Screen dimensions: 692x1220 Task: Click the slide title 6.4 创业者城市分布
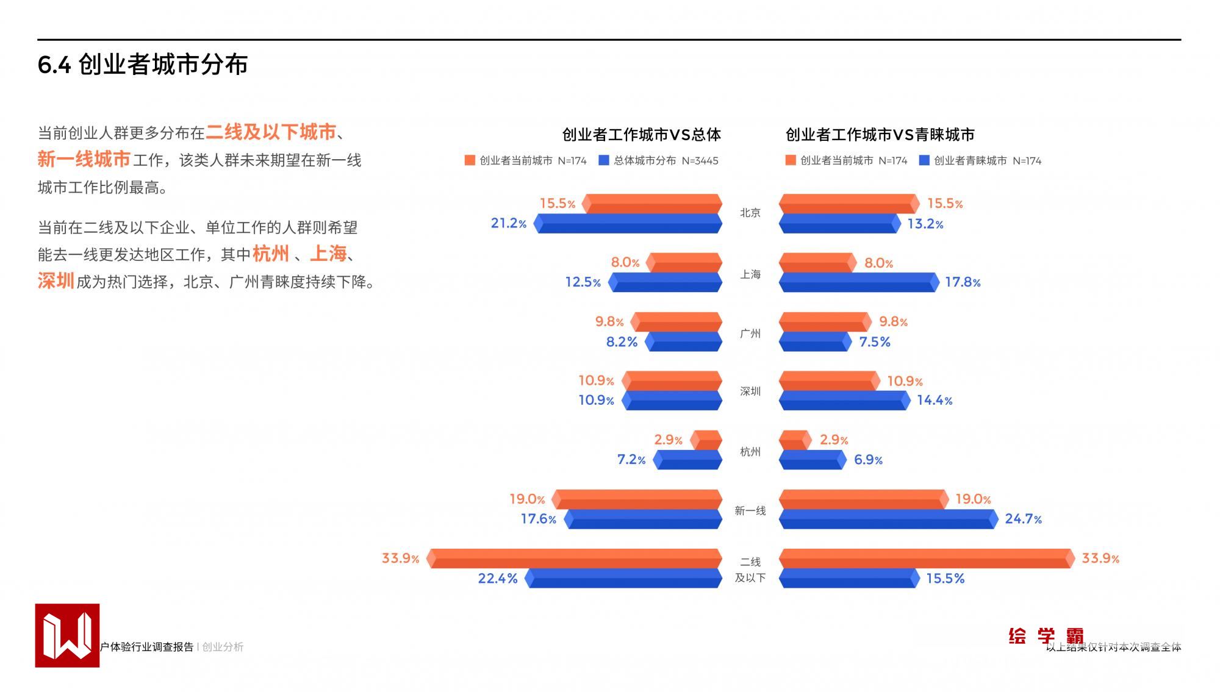(x=143, y=65)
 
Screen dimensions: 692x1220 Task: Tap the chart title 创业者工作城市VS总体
(x=641, y=134)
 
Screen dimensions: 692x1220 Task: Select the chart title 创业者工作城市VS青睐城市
(x=880, y=134)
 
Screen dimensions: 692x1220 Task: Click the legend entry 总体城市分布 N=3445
(x=659, y=161)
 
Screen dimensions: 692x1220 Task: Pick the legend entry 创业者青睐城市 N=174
(x=980, y=161)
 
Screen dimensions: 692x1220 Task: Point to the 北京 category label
(x=750, y=213)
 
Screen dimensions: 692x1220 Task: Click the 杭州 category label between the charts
(x=750, y=452)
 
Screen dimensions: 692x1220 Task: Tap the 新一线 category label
(x=750, y=511)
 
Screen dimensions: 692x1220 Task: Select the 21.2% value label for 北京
(x=508, y=223)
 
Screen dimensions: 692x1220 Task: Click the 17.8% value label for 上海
(x=963, y=282)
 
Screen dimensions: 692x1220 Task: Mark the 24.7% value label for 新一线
(x=1023, y=519)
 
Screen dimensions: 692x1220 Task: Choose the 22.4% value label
(x=497, y=578)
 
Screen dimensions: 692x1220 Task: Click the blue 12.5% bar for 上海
(x=666, y=282)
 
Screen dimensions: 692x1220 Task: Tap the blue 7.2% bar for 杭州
(x=687, y=459)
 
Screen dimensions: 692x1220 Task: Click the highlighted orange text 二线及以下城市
(x=271, y=132)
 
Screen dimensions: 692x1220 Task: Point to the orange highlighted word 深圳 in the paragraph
(x=56, y=281)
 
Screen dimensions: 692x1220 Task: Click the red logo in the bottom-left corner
(x=67, y=635)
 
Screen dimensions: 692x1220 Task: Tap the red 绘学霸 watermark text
(x=1046, y=636)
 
